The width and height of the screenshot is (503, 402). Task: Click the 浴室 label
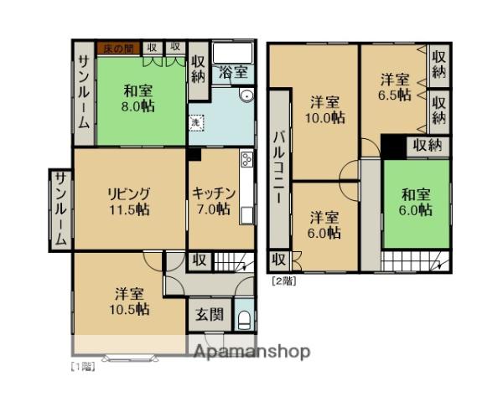coord(233,73)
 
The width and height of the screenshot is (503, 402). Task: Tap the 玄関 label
coord(210,316)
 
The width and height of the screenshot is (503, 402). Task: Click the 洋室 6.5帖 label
coord(395,87)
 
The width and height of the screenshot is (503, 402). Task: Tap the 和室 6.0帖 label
coord(416,204)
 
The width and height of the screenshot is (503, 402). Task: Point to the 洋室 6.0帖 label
coord(323,224)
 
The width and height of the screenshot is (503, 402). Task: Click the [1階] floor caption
coord(81,367)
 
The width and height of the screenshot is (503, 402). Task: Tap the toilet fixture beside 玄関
coord(243,319)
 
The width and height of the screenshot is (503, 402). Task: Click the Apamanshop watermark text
coord(251,352)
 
